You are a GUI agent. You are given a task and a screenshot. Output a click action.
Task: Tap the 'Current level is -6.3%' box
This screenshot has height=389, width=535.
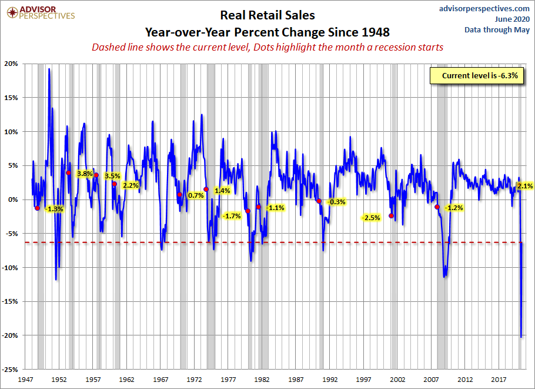[x=474, y=76]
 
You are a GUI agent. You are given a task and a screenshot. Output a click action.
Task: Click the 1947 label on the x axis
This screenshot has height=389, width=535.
[x=25, y=380]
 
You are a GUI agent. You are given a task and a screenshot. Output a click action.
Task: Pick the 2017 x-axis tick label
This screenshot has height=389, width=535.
[x=499, y=380]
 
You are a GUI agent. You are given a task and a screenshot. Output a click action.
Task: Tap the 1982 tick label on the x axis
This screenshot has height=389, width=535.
[x=262, y=380]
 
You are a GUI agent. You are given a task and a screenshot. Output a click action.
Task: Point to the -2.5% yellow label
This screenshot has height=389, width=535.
[x=372, y=218]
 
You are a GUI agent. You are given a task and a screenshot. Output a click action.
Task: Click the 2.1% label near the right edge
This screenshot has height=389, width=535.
[x=524, y=186]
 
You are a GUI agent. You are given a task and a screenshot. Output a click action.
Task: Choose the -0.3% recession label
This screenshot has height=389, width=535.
[x=337, y=202]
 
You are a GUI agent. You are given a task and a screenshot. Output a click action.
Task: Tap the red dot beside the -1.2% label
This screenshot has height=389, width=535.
[x=437, y=207]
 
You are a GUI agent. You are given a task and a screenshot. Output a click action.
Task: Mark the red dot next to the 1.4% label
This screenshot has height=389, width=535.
[x=206, y=189]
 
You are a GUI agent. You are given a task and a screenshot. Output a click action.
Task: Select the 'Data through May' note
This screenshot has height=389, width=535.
[x=497, y=29]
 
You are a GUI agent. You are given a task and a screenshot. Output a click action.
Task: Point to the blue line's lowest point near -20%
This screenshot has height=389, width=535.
[x=521, y=337]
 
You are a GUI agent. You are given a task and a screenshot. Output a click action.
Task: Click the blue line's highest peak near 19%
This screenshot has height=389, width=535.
[x=49, y=69]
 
